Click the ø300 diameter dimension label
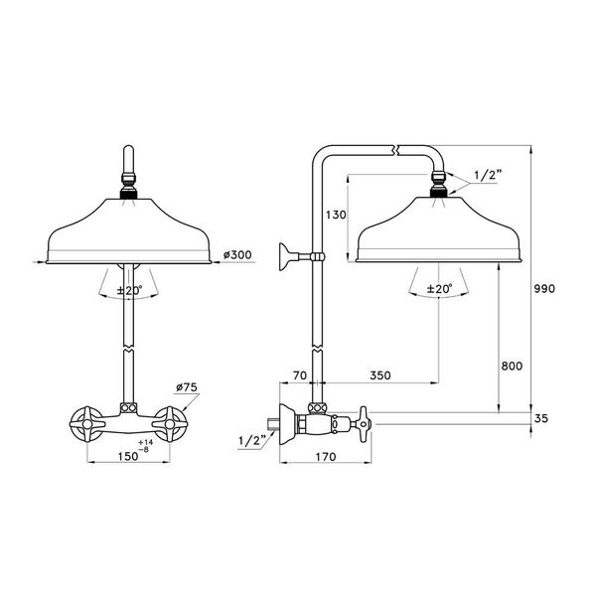(238, 255)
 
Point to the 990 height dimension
(543, 288)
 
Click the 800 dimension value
(512, 367)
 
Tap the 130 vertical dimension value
(335, 215)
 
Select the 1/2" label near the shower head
(488, 175)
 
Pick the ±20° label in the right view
(438, 289)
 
